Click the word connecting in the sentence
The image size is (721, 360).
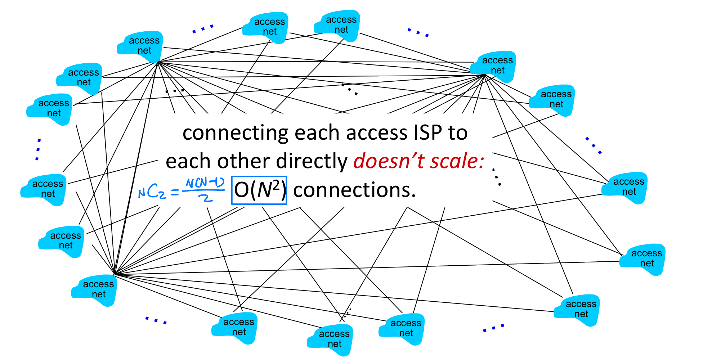coord(235,133)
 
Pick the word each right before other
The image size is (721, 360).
coord(189,161)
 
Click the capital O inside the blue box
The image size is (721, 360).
coord(242,190)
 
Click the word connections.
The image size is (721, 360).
coord(354,190)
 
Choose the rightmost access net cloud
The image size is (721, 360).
coord(643,259)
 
